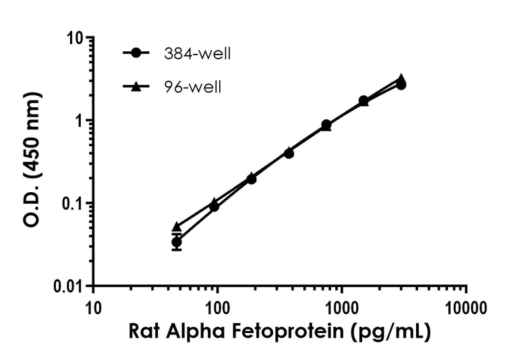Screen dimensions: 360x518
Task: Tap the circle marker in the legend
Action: coord(138,53)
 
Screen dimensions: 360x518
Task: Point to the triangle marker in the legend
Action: coord(138,86)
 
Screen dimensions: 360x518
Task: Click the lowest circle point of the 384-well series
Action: coord(177,242)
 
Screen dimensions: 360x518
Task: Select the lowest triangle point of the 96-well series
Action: coord(177,227)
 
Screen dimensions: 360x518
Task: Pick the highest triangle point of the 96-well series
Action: coord(401,78)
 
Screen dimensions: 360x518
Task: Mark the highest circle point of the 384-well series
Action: coord(401,85)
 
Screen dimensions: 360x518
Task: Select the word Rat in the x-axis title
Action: coord(145,333)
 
